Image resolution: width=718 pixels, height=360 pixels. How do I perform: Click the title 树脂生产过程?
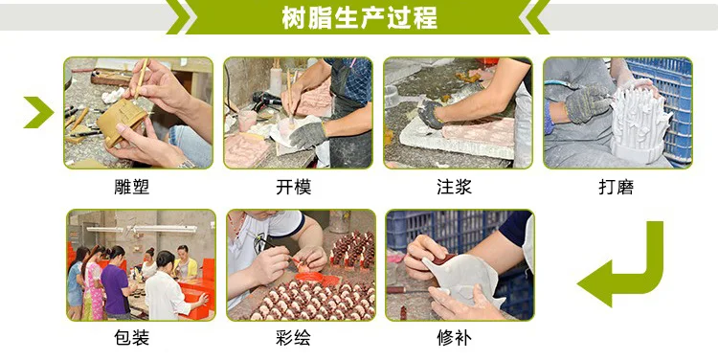pyautogui.click(x=359, y=18)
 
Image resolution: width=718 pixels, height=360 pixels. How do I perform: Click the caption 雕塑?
pyautogui.click(x=132, y=187)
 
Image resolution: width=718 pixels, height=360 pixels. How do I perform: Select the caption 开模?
pyautogui.click(x=294, y=187)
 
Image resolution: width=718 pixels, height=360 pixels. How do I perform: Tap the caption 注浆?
pyautogui.click(x=454, y=187)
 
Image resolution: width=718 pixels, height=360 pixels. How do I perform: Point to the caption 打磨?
pyautogui.click(x=616, y=187)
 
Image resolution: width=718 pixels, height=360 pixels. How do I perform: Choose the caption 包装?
pyautogui.click(x=132, y=338)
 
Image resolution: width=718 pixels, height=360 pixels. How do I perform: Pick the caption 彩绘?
pyautogui.click(x=294, y=338)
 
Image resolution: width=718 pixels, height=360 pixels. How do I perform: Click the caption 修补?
pyautogui.click(x=454, y=338)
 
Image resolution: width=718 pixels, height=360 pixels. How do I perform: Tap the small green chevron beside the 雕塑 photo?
pyautogui.click(x=40, y=112)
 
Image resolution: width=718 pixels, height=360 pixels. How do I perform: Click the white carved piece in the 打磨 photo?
pyautogui.click(x=639, y=124)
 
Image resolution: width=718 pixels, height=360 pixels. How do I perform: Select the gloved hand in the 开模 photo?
pyautogui.click(x=307, y=134)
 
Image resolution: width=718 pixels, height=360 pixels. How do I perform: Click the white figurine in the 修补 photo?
pyautogui.click(x=461, y=281)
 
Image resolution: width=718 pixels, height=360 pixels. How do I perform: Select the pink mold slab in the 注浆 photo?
pyautogui.click(x=478, y=133)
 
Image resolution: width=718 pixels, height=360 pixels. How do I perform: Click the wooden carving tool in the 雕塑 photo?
pyautogui.click(x=141, y=78)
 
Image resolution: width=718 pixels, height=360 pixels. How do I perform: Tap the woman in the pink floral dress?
pyautogui.click(x=93, y=284)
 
